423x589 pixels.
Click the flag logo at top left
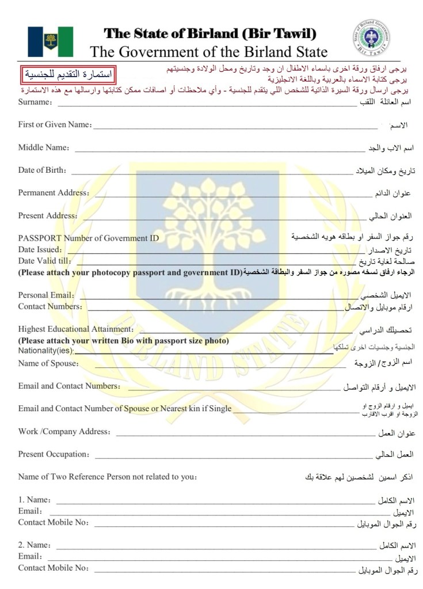click(x=50, y=41)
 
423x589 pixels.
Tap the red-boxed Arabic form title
click(x=68, y=75)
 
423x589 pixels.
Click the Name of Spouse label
click(x=48, y=363)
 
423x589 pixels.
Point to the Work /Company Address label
click(x=64, y=432)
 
